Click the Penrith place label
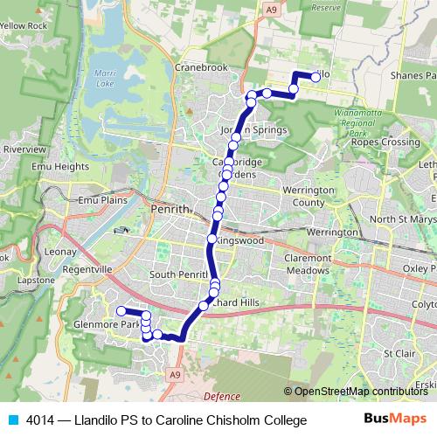[x=169, y=211]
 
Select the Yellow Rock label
[x=23, y=26]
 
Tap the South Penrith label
[x=176, y=274]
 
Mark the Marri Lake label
[x=106, y=80]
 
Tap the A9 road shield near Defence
[x=176, y=375]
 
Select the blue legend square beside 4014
[x=12, y=420]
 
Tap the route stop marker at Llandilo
[x=315, y=76]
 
